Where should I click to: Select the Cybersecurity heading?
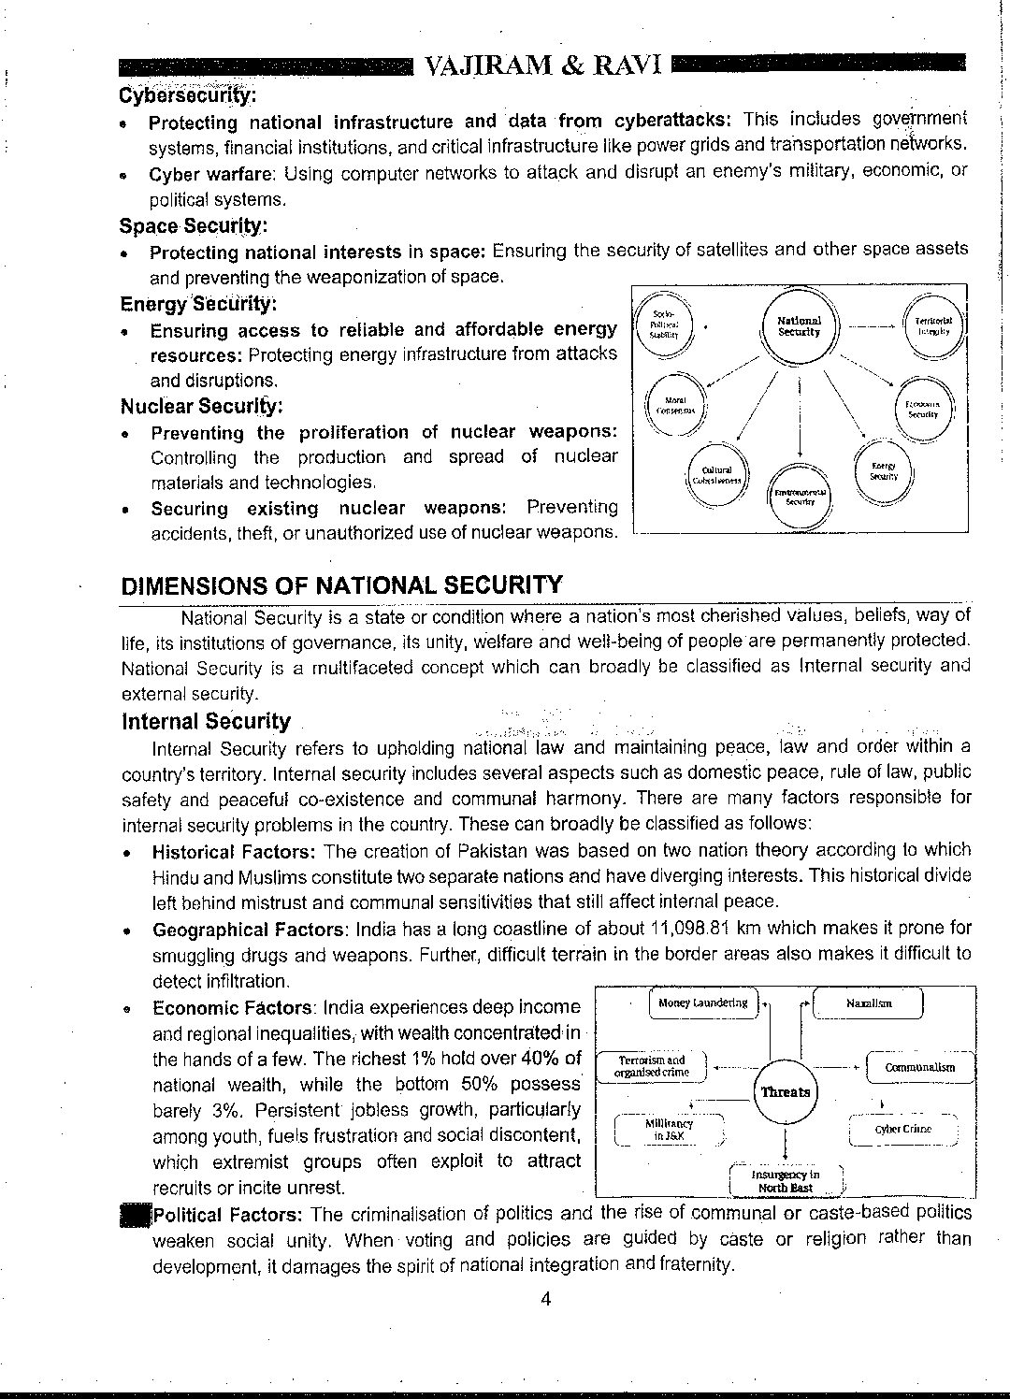pos(188,95)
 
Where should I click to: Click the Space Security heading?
pos(193,225)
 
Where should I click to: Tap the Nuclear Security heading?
pos(201,406)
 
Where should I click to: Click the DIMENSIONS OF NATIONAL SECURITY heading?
pos(341,585)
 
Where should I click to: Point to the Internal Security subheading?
pos(206,721)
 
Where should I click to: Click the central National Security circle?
pos(800,326)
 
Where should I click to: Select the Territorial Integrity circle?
pos(933,325)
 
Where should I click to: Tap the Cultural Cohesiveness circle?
pos(717,474)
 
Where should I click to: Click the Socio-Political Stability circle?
pos(663,324)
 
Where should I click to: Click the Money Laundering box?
pos(703,1003)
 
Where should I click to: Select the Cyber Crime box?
pos(902,1129)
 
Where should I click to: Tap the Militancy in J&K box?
pos(670,1129)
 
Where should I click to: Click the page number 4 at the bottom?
pos(546,1298)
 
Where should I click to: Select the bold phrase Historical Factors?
pos(233,851)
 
